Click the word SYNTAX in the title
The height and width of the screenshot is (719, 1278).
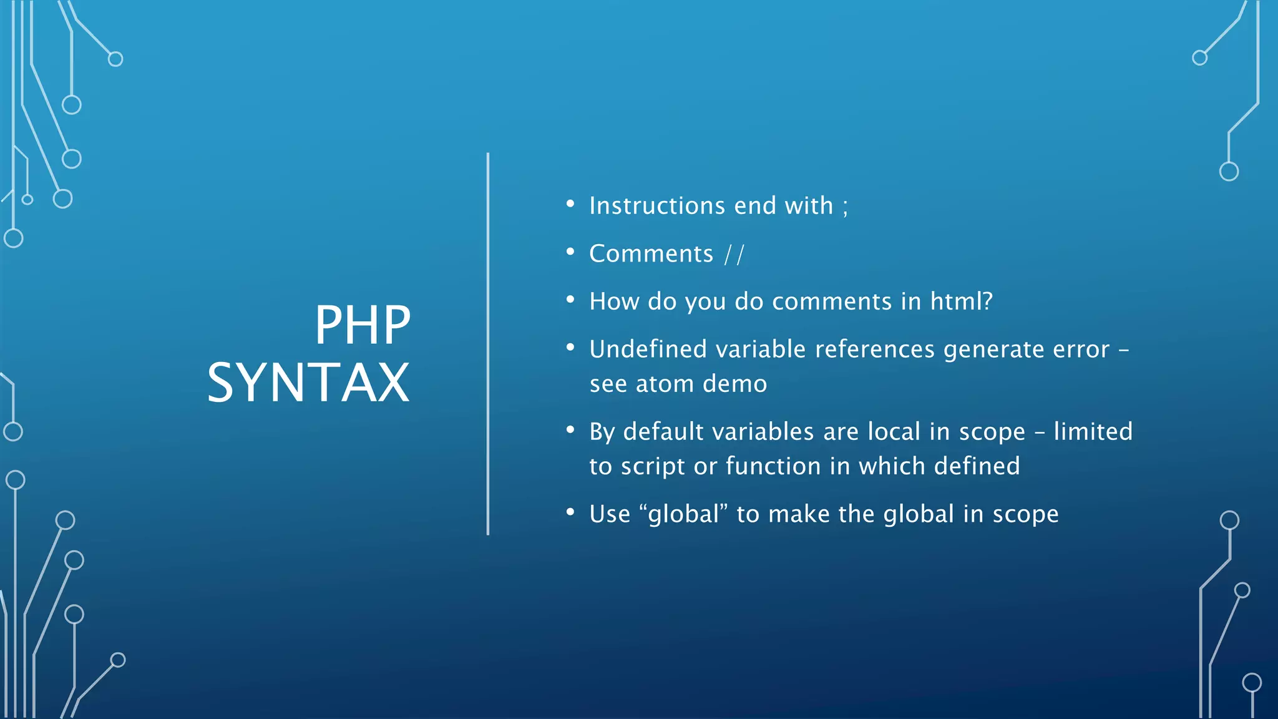click(308, 383)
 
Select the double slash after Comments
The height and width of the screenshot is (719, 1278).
click(734, 254)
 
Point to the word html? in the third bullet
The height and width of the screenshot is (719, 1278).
click(961, 301)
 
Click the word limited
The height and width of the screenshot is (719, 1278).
click(1093, 432)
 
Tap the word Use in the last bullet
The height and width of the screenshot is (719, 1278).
click(610, 514)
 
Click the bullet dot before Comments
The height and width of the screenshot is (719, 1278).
click(570, 252)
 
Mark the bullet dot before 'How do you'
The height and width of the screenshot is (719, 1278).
click(570, 300)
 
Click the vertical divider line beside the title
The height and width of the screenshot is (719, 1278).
click(488, 343)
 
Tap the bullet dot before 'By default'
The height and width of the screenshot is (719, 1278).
click(570, 429)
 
